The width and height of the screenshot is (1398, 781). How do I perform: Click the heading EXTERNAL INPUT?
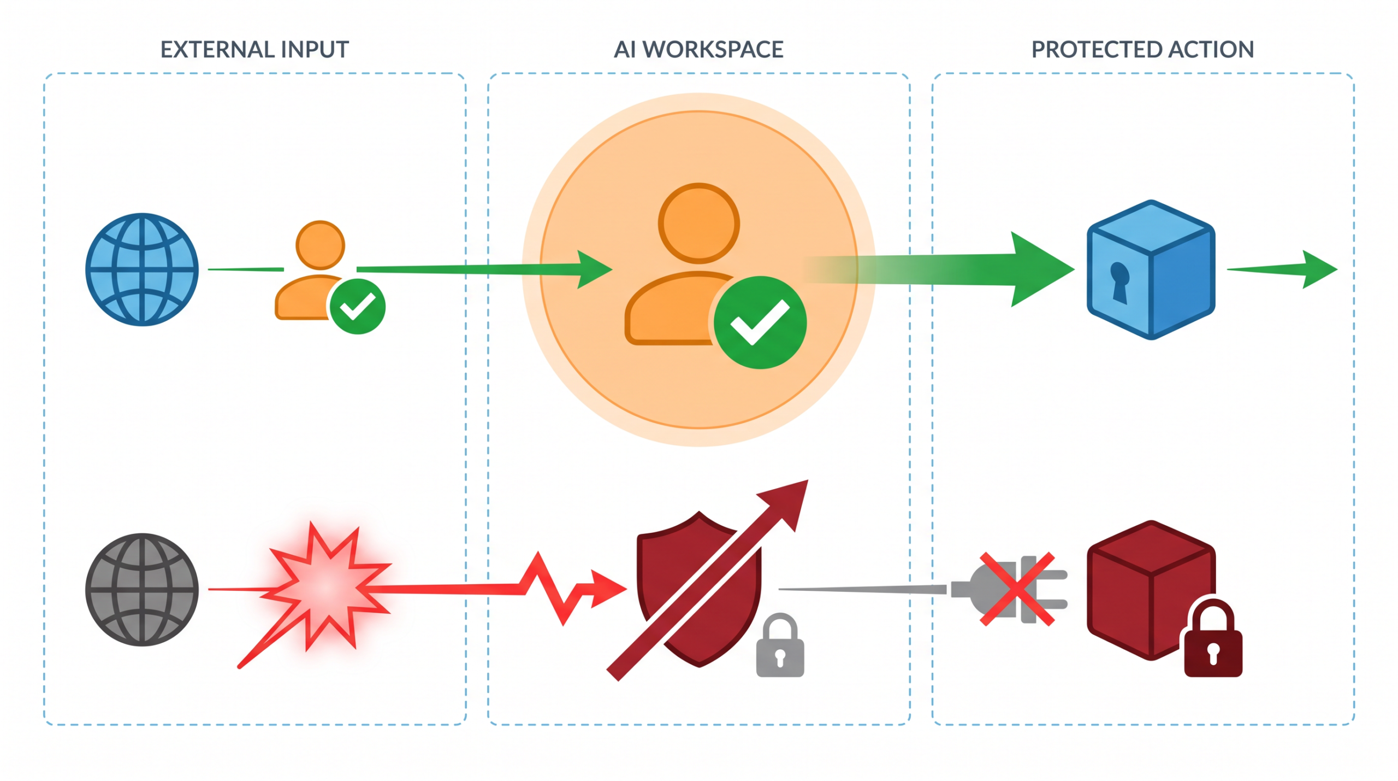(254, 50)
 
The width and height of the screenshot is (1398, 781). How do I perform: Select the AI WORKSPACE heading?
(698, 50)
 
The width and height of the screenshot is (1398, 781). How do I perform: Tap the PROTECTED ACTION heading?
(1142, 50)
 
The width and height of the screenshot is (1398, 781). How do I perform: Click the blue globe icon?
(142, 269)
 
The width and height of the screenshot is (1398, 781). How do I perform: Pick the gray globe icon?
(142, 589)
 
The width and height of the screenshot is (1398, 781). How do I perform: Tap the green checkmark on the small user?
(358, 306)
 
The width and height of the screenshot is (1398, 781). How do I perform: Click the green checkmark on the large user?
(760, 322)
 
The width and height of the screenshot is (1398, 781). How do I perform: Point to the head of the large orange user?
(699, 223)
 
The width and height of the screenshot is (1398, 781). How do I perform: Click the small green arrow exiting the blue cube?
(1282, 269)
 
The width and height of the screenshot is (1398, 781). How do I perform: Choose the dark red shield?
(699, 589)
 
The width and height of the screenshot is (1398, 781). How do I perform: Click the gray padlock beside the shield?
(780, 645)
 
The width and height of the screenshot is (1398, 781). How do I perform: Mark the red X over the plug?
(1017, 589)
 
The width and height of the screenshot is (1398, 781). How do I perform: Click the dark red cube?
(1151, 590)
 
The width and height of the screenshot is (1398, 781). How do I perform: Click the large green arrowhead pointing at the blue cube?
(1040, 269)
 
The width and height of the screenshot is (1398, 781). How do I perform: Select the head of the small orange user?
(320, 245)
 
